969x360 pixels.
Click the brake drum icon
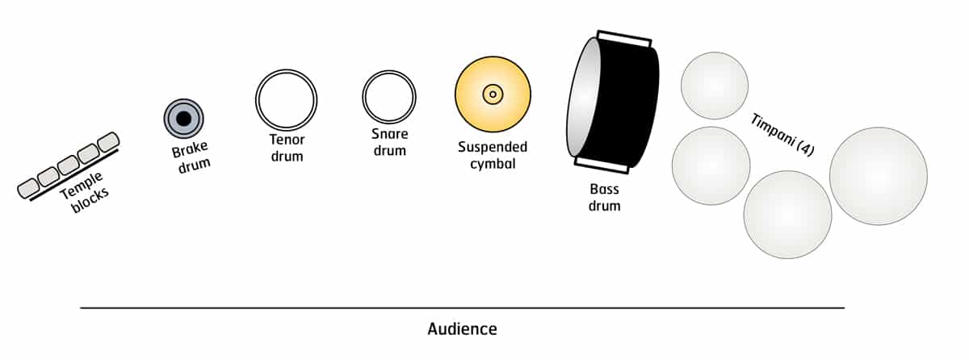(x=183, y=119)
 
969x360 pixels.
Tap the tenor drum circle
(x=286, y=99)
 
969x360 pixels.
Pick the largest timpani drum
(x=878, y=176)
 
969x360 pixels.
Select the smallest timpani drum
(x=715, y=85)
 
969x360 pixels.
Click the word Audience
(x=462, y=329)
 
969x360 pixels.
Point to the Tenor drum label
(x=287, y=148)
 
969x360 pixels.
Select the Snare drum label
(x=388, y=142)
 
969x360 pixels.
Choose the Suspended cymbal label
(x=492, y=155)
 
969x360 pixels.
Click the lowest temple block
(x=29, y=188)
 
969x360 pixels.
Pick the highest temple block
(x=108, y=143)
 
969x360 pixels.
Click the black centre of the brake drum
(x=183, y=119)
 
